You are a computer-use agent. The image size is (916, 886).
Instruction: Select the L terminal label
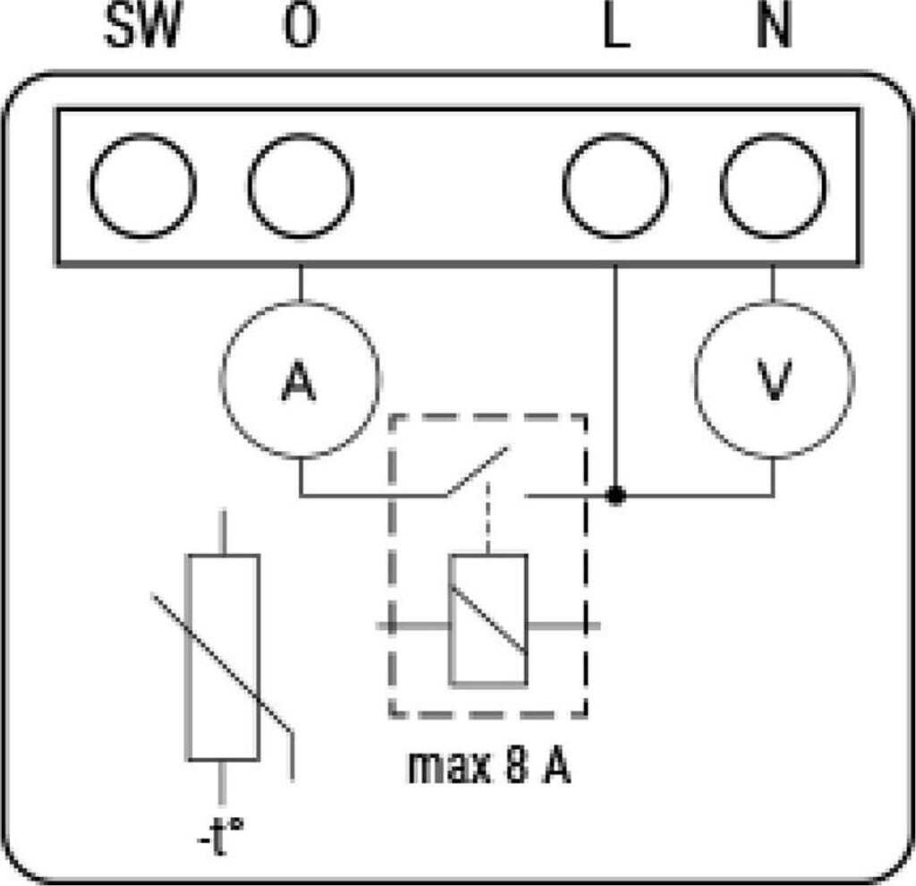(616, 26)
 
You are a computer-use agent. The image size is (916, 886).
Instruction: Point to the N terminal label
(774, 26)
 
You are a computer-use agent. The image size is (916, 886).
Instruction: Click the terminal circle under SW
(142, 186)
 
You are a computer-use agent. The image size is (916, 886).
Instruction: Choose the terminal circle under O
(301, 186)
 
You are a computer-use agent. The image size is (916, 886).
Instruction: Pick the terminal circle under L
(615, 186)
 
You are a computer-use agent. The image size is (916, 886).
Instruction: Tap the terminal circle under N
(774, 186)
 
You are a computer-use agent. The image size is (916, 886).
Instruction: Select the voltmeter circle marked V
(774, 379)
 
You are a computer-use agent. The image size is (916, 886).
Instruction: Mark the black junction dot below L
(615, 496)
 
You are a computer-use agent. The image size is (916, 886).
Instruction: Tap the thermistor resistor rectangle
(223, 658)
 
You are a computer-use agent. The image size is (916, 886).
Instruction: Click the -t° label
(220, 837)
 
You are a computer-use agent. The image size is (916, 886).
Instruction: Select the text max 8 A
(488, 766)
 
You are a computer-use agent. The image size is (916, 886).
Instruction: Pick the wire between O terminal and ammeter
(301, 284)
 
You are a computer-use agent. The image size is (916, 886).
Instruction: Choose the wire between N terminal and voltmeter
(774, 284)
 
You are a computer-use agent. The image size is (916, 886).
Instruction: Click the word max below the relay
(449, 767)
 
